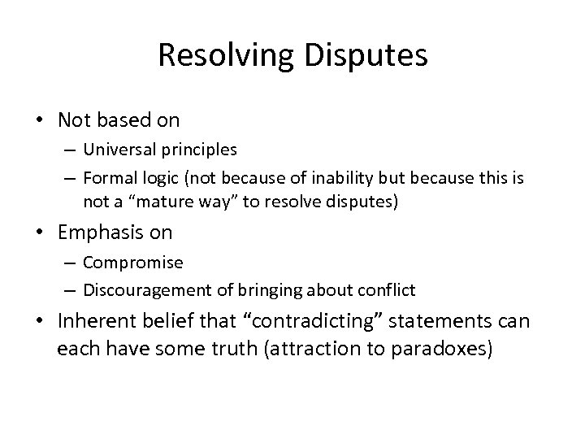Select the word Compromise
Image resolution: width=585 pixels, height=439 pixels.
pos(133,263)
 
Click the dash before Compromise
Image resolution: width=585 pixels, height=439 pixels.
pos(71,263)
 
